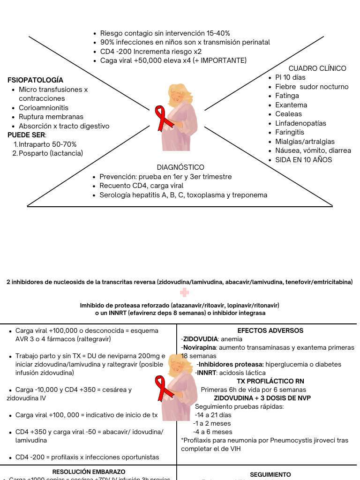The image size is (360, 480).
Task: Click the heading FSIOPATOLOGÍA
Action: pos(36,80)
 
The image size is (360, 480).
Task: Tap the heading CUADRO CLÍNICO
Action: pos(317,68)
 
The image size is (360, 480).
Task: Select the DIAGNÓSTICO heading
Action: pos(180,167)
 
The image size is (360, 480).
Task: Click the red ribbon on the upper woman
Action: pos(161,117)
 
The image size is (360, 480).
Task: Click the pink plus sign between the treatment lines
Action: pos(185,292)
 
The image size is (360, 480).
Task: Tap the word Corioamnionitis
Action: pos(44,108)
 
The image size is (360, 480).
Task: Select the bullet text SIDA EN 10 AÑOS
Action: pos(304,160)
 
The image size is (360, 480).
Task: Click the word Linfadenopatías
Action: pos(301,123)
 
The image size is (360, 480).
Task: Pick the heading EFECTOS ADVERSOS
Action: pos(270,330)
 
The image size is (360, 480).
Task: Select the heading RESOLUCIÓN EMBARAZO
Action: pos(89,472)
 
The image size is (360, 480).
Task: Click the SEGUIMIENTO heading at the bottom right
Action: pos(270,474)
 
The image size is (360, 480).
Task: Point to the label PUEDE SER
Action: pos(26,135)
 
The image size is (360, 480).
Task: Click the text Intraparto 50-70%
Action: pos(48,144)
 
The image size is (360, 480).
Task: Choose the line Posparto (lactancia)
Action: pos(51,153)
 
